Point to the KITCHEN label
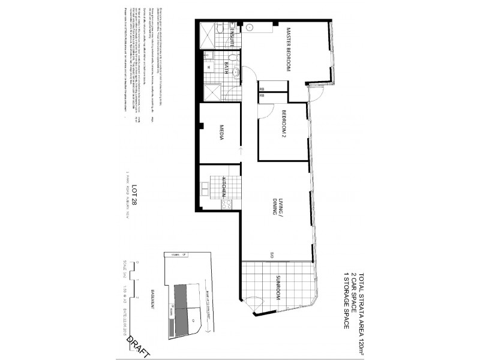[224, 187]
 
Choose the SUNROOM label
[278, 287]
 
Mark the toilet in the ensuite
[220, 28]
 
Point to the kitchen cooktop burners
[226, 203]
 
